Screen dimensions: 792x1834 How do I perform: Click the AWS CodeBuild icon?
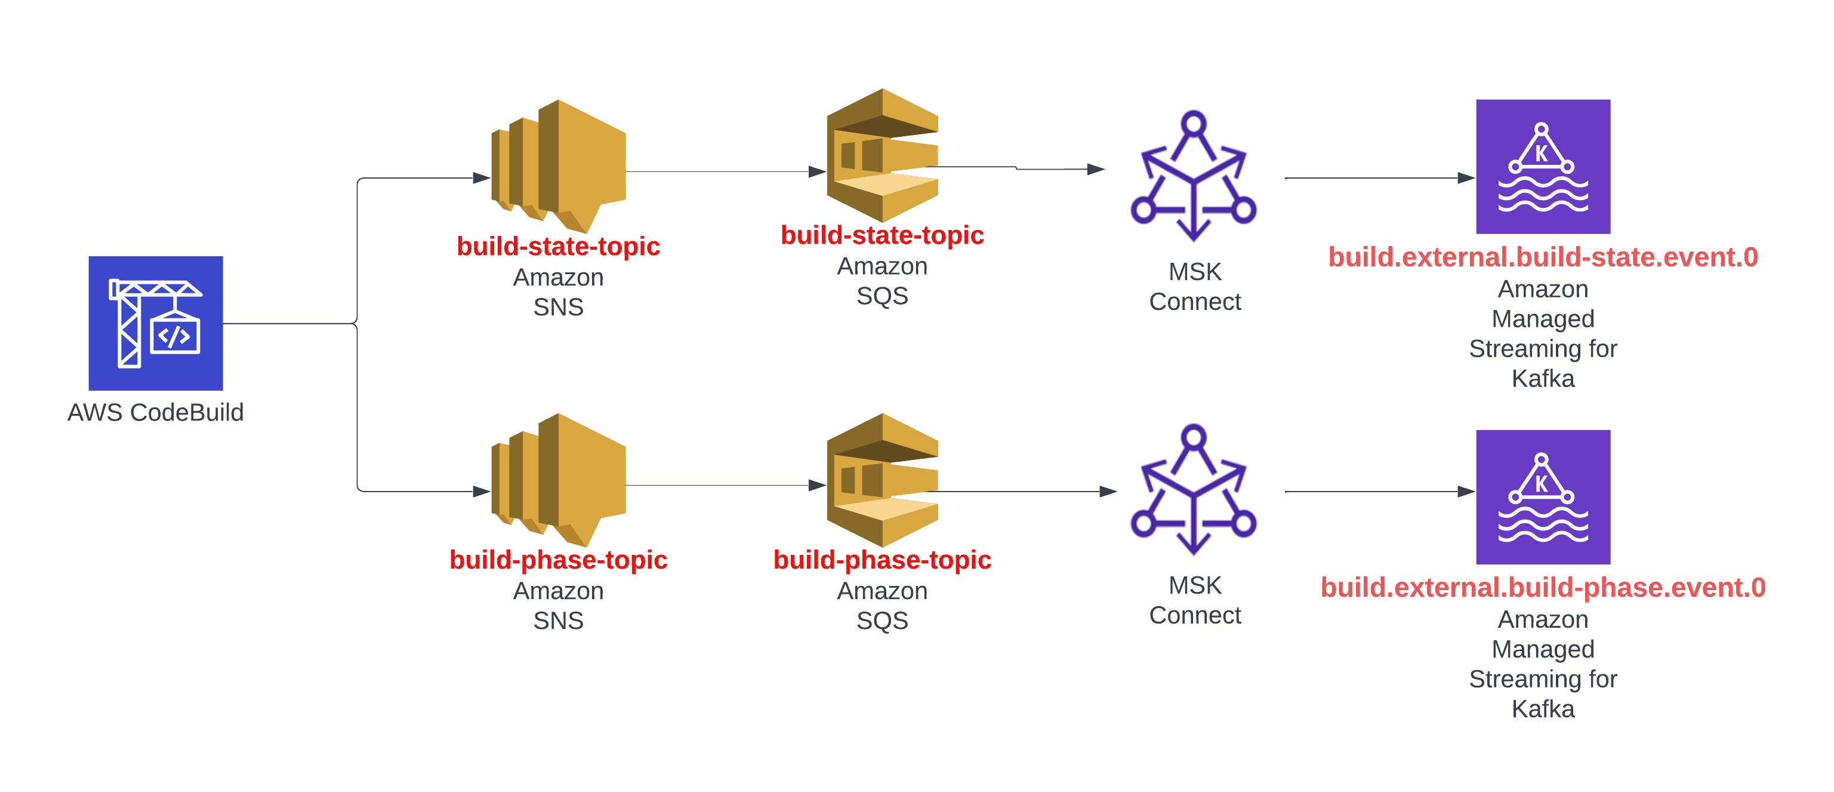(155, 323)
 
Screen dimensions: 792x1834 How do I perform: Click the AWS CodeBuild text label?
(155, 412)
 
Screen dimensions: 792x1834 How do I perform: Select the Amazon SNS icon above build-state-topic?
(559, 165)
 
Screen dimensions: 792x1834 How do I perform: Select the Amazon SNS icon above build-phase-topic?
(559, 478)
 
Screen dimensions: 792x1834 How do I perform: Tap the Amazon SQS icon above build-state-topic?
(882, 155)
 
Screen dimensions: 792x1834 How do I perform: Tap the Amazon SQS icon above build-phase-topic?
(882, 480)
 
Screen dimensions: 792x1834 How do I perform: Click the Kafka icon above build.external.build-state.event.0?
(1543, 166)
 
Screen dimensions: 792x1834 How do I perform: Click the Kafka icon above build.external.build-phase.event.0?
(1543, 496)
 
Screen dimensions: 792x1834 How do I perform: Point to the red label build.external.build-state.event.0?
(1543, 257)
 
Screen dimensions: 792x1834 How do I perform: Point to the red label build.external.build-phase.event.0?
(1543, 588)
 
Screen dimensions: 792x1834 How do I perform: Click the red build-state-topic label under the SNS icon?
(558, 247)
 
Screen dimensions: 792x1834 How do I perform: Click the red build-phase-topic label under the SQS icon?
(882, 560)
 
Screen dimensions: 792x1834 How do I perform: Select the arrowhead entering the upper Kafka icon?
(1466, 178)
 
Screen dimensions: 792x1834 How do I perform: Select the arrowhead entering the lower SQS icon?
(817, 486)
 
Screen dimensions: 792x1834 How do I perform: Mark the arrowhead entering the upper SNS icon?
(482, 178)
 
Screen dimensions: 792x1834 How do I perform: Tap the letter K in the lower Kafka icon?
(1542, 484)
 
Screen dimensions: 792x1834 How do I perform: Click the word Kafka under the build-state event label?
(1543, 379)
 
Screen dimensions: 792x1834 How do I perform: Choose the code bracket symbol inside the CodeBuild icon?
(174, 336)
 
